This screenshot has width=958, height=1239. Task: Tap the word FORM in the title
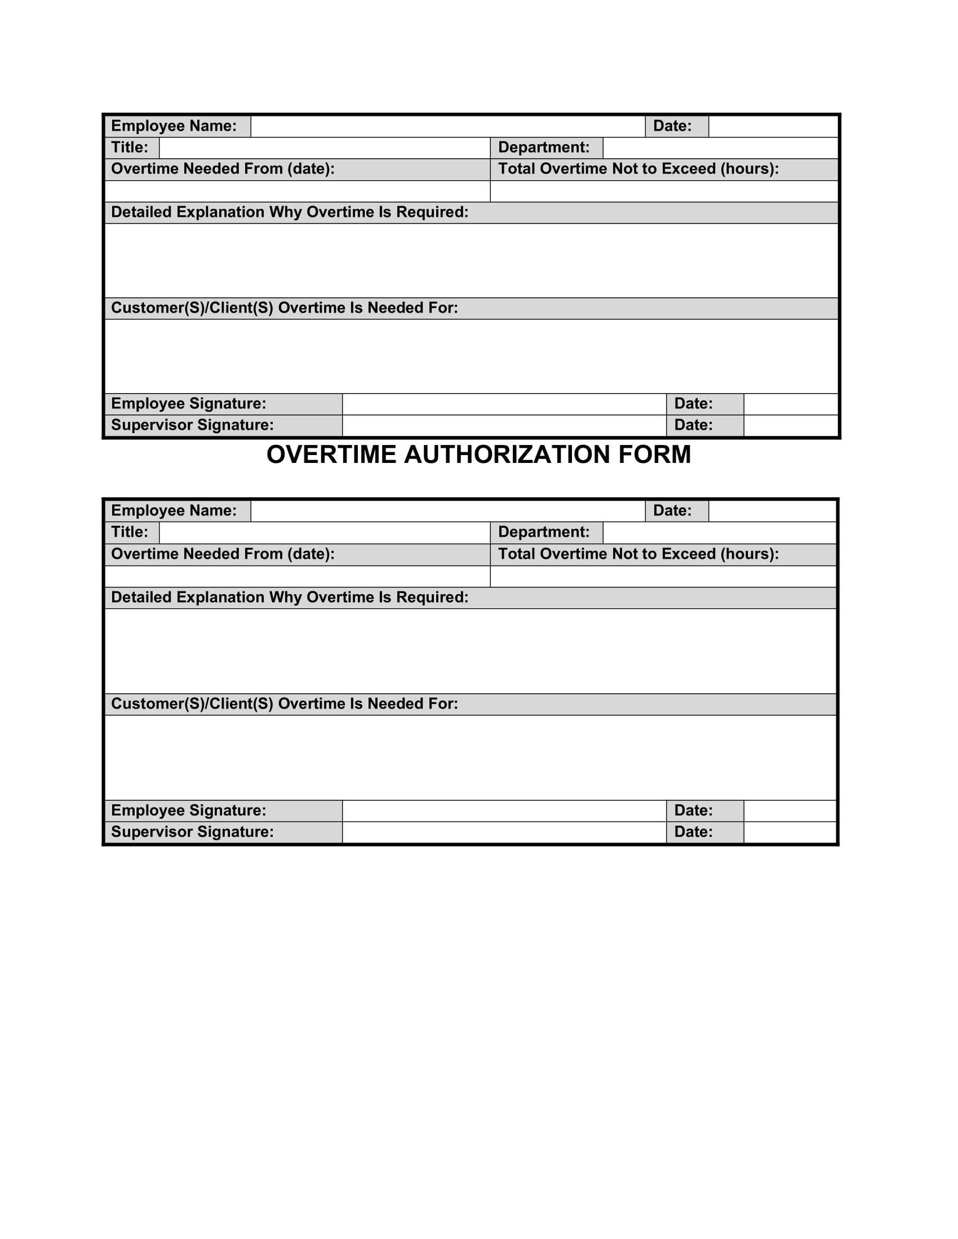[654, 454]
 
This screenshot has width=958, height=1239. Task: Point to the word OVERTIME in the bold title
[331, 454]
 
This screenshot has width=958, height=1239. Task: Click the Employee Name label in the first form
[174, 126]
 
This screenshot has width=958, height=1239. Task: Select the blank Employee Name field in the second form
[447, 511]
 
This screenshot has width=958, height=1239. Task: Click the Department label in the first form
[543, 148]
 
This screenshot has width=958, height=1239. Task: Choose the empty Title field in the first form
[324, 148]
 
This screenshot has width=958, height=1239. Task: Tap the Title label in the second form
[130, 532]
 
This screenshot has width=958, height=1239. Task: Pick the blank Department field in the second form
[718, 532]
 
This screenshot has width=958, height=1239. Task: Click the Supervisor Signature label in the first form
[192, 425]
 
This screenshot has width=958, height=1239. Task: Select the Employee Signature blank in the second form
[503, 810]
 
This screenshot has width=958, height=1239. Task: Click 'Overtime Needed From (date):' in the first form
[223, 169]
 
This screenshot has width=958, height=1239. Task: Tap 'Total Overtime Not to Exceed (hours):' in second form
[638, 554]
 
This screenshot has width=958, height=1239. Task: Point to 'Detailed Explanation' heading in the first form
[290, 212]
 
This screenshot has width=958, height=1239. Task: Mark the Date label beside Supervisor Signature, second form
[693, 832]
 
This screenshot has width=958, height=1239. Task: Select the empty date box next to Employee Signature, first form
[790, 404]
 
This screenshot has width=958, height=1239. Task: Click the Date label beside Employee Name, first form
[672, 126]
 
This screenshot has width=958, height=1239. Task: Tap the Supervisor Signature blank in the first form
[503, 425]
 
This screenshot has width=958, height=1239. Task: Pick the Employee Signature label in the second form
[188, 810]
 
